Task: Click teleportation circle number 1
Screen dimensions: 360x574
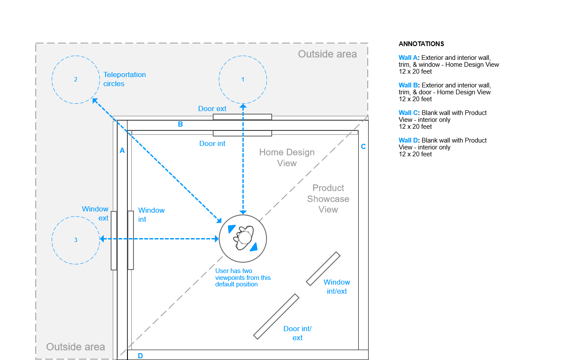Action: (x=243, y=79)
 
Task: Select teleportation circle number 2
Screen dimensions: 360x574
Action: (x=76, y=79)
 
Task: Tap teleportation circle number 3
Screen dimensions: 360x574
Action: (x=76, y=240)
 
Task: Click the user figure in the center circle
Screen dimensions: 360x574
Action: (x=243, y=237)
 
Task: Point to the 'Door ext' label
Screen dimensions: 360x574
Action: (x=212, y=109)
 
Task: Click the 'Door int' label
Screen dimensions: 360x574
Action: (x=212, y=143)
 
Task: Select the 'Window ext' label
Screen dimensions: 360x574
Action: (x=95, y=214)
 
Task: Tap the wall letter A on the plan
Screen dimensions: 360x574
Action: (x=122, y=151)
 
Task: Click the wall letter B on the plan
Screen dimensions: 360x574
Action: (x=180, y=124)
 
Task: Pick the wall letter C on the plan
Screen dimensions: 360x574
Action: (x=363, y=146)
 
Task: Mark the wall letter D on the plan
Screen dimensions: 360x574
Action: (x=140, y=356)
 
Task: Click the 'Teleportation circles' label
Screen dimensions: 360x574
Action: (x=124, y=79)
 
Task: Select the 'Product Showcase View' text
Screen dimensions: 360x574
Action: (x=328, y=199)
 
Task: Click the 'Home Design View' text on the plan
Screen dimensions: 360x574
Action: (x=287, y=158)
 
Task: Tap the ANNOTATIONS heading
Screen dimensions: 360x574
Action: (x=421, y=44)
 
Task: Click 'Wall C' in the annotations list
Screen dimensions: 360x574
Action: (x=408, y=113)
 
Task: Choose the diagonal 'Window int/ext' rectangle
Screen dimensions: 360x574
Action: (x=323, y=268)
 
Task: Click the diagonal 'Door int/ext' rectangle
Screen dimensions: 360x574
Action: (x=276, y=316)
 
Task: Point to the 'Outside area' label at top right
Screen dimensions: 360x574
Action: (x=327, y=54)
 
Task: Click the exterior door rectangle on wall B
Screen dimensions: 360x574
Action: (x=242, y=117)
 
